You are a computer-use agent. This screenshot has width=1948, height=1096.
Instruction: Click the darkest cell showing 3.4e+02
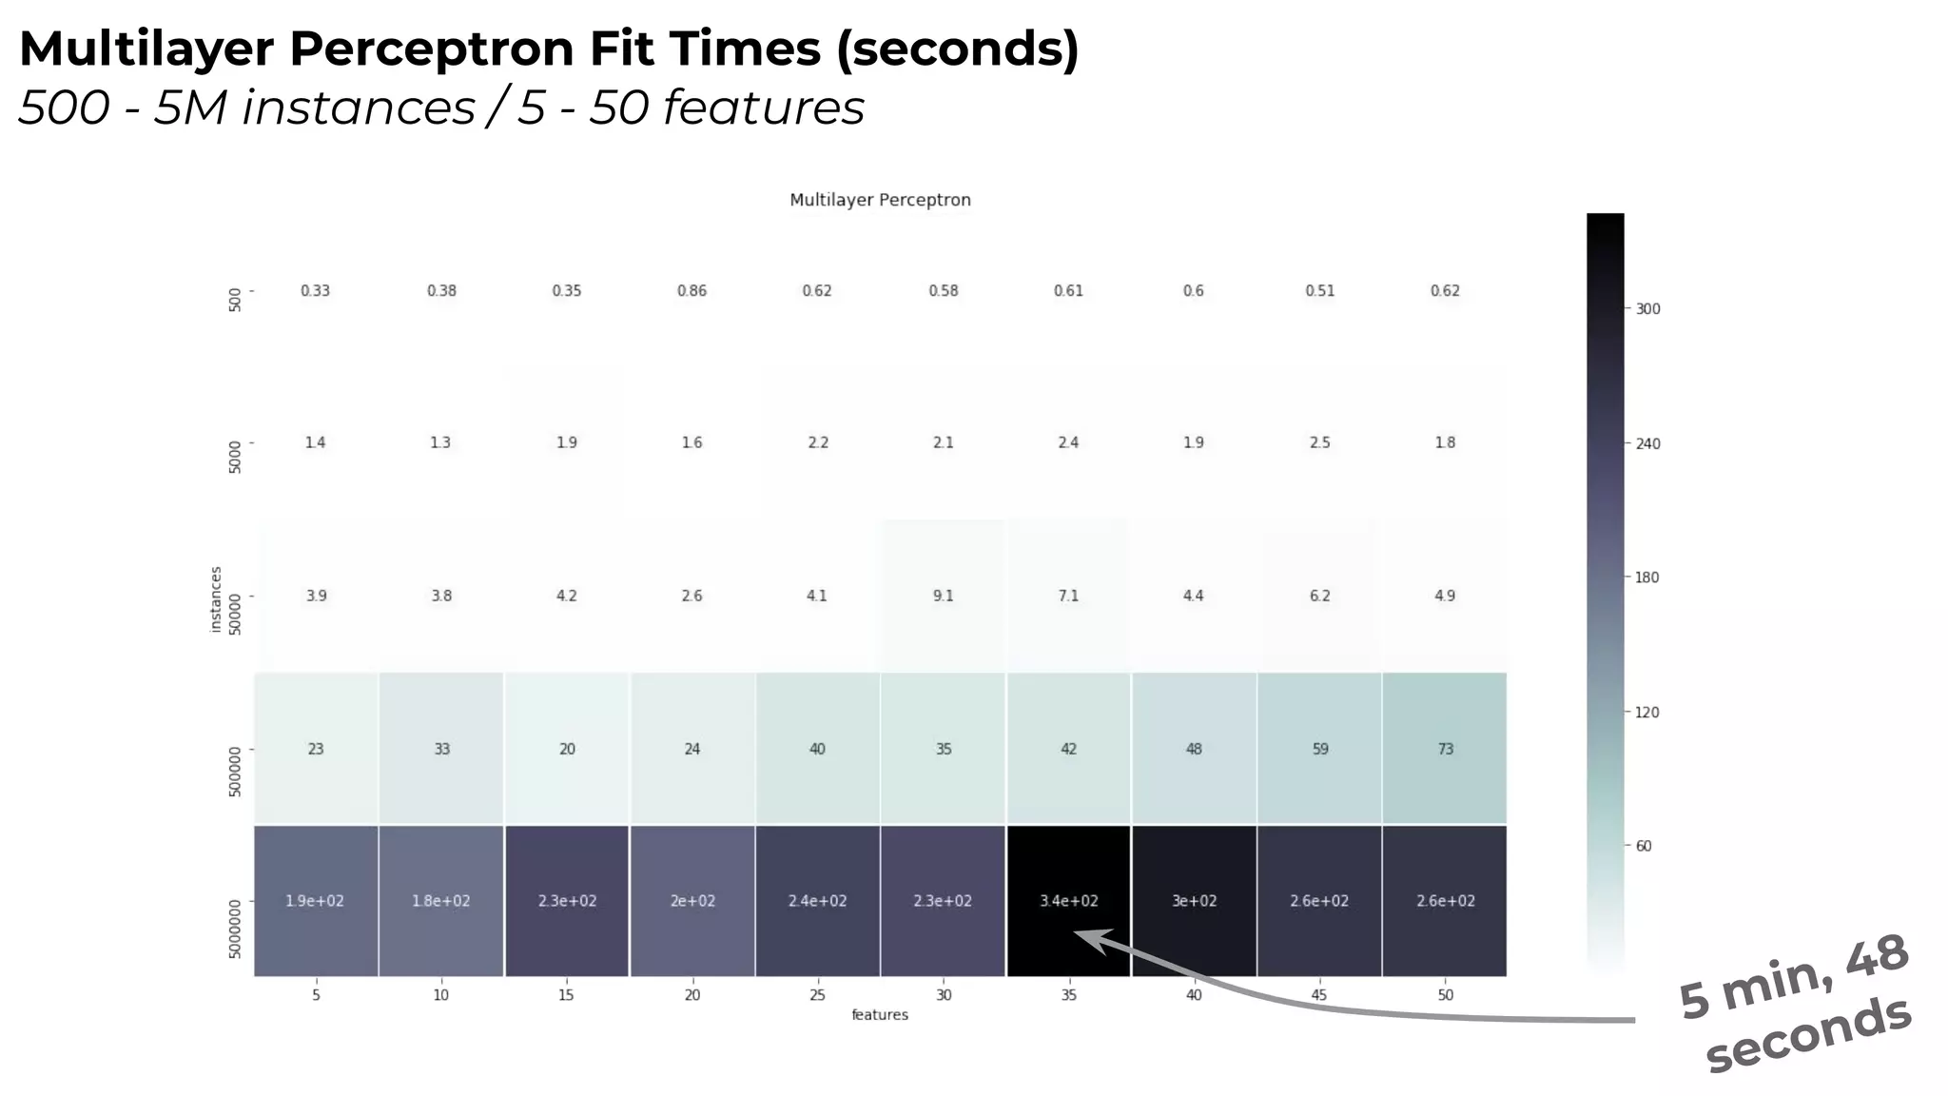(x=1068, y=900)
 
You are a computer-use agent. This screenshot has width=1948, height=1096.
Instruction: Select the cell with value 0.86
(x=692, y=290)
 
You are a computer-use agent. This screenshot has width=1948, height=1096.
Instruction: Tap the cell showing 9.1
(x=943, y=596)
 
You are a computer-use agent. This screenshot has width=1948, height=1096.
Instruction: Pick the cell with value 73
(x=1445, y=749)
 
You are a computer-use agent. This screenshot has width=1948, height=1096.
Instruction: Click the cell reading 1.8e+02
(x=440, y=900)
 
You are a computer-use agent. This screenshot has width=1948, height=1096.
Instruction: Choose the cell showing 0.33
(x=315, y=290)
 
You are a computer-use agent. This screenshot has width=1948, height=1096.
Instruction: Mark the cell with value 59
(x=1319, y=749)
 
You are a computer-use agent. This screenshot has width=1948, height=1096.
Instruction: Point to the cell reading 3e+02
(x=1194, y=900)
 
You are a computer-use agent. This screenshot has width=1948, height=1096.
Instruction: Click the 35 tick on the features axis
(x=1068, y=995)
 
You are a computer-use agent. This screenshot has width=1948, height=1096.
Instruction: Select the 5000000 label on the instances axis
(x=235, y=929)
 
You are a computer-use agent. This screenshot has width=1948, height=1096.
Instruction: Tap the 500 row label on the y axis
(x=235, y=301)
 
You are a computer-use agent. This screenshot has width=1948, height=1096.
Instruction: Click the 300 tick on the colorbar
(x=1647, y=309)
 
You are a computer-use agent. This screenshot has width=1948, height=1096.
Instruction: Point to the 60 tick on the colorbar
(x=1644, y=846)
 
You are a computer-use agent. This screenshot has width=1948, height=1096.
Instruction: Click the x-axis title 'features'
(x=880, y=1015)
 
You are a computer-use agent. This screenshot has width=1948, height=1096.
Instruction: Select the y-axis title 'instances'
(x=216, y=599)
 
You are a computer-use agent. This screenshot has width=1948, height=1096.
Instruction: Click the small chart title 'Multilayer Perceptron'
(x=880, y=200)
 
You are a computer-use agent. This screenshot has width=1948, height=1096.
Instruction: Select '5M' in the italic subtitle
(x=190, y=107)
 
